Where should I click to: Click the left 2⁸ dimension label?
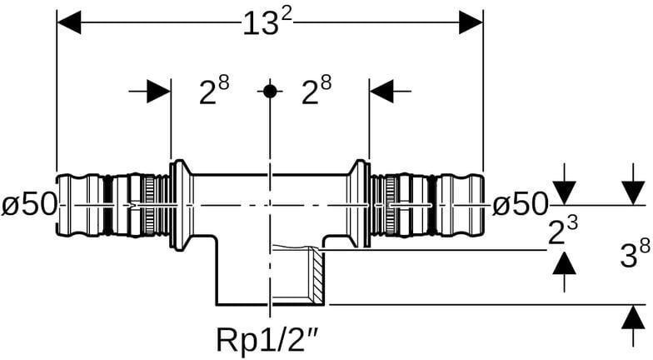point(214,91)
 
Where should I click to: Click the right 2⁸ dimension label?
point(317,91)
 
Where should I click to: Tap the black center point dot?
point(270,91)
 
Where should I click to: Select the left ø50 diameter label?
point(28,205)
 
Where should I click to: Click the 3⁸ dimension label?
point(635,254)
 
